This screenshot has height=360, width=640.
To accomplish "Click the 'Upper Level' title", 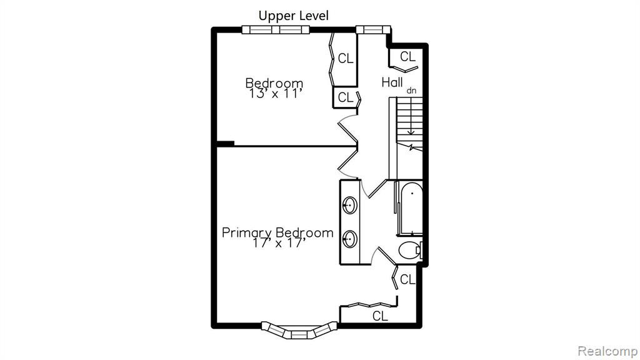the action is (x=294, y=16).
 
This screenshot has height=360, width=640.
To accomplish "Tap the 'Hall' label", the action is (x=392, y=82).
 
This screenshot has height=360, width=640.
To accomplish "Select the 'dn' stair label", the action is (x=411, y=91).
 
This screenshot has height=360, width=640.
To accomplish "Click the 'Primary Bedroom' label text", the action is (x=277, y=232).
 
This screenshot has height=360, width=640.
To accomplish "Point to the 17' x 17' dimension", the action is (x=279, y=243).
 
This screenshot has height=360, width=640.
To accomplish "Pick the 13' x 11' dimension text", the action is (x=276, y=94).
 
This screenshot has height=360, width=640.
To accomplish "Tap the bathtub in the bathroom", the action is (x=411, y=209).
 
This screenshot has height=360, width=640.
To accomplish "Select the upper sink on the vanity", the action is (x=349, y=205).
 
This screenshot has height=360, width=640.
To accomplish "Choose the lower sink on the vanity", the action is (x=349, y=239).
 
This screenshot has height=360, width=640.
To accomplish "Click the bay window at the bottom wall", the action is (x=299, y=330).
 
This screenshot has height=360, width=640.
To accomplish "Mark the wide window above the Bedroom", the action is (x=276, y=30).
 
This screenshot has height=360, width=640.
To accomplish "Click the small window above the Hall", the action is (x=373, y=29).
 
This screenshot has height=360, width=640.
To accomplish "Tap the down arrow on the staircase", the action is (x=411, y=126).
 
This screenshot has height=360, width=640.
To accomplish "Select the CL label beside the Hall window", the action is (x=407, y=57).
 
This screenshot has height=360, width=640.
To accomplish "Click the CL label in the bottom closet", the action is (x=380, y=316).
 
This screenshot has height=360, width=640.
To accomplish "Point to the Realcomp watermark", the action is (x=607, y=351).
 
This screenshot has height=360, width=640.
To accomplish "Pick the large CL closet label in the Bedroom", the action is (x=345, y=59).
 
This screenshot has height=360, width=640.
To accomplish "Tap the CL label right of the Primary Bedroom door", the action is (x=407, y=279).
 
